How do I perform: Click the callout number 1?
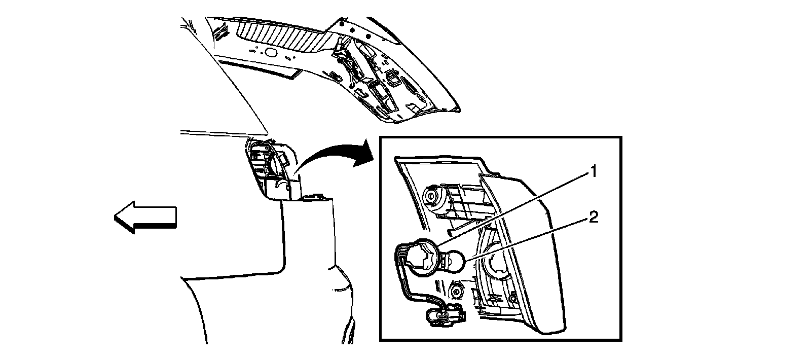click(593, 171)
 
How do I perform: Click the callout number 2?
click(594, 218)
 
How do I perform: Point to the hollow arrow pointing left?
click(145, 218)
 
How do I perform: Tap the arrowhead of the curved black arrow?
click(363, 153)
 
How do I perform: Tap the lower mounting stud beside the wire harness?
click(456, 291)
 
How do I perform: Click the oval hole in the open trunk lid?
click(271, 52)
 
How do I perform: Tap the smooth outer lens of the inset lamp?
click(543, 250)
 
